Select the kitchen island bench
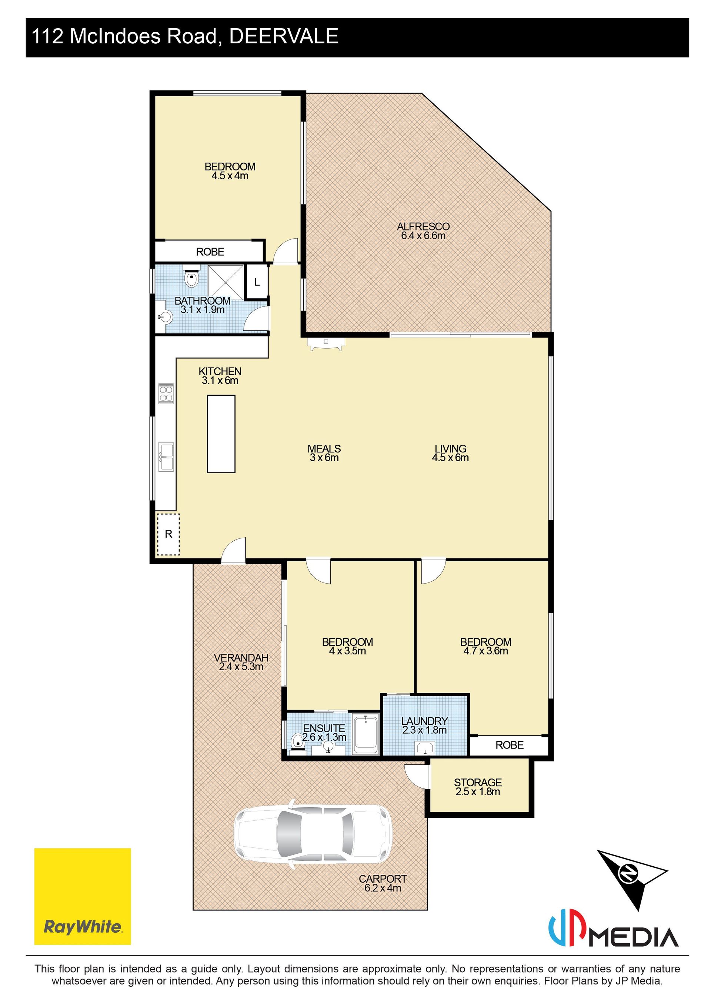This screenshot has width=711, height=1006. (221, 434)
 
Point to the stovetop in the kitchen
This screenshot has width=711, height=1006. (166, 393)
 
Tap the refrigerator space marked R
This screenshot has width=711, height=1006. (168, 534)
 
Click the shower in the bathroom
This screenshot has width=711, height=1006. (226, 282)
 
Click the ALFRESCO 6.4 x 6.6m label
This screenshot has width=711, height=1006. (423, 231)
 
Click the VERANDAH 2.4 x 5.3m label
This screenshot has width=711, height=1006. (241, 662)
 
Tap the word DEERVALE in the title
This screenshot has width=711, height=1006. (284, 36)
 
